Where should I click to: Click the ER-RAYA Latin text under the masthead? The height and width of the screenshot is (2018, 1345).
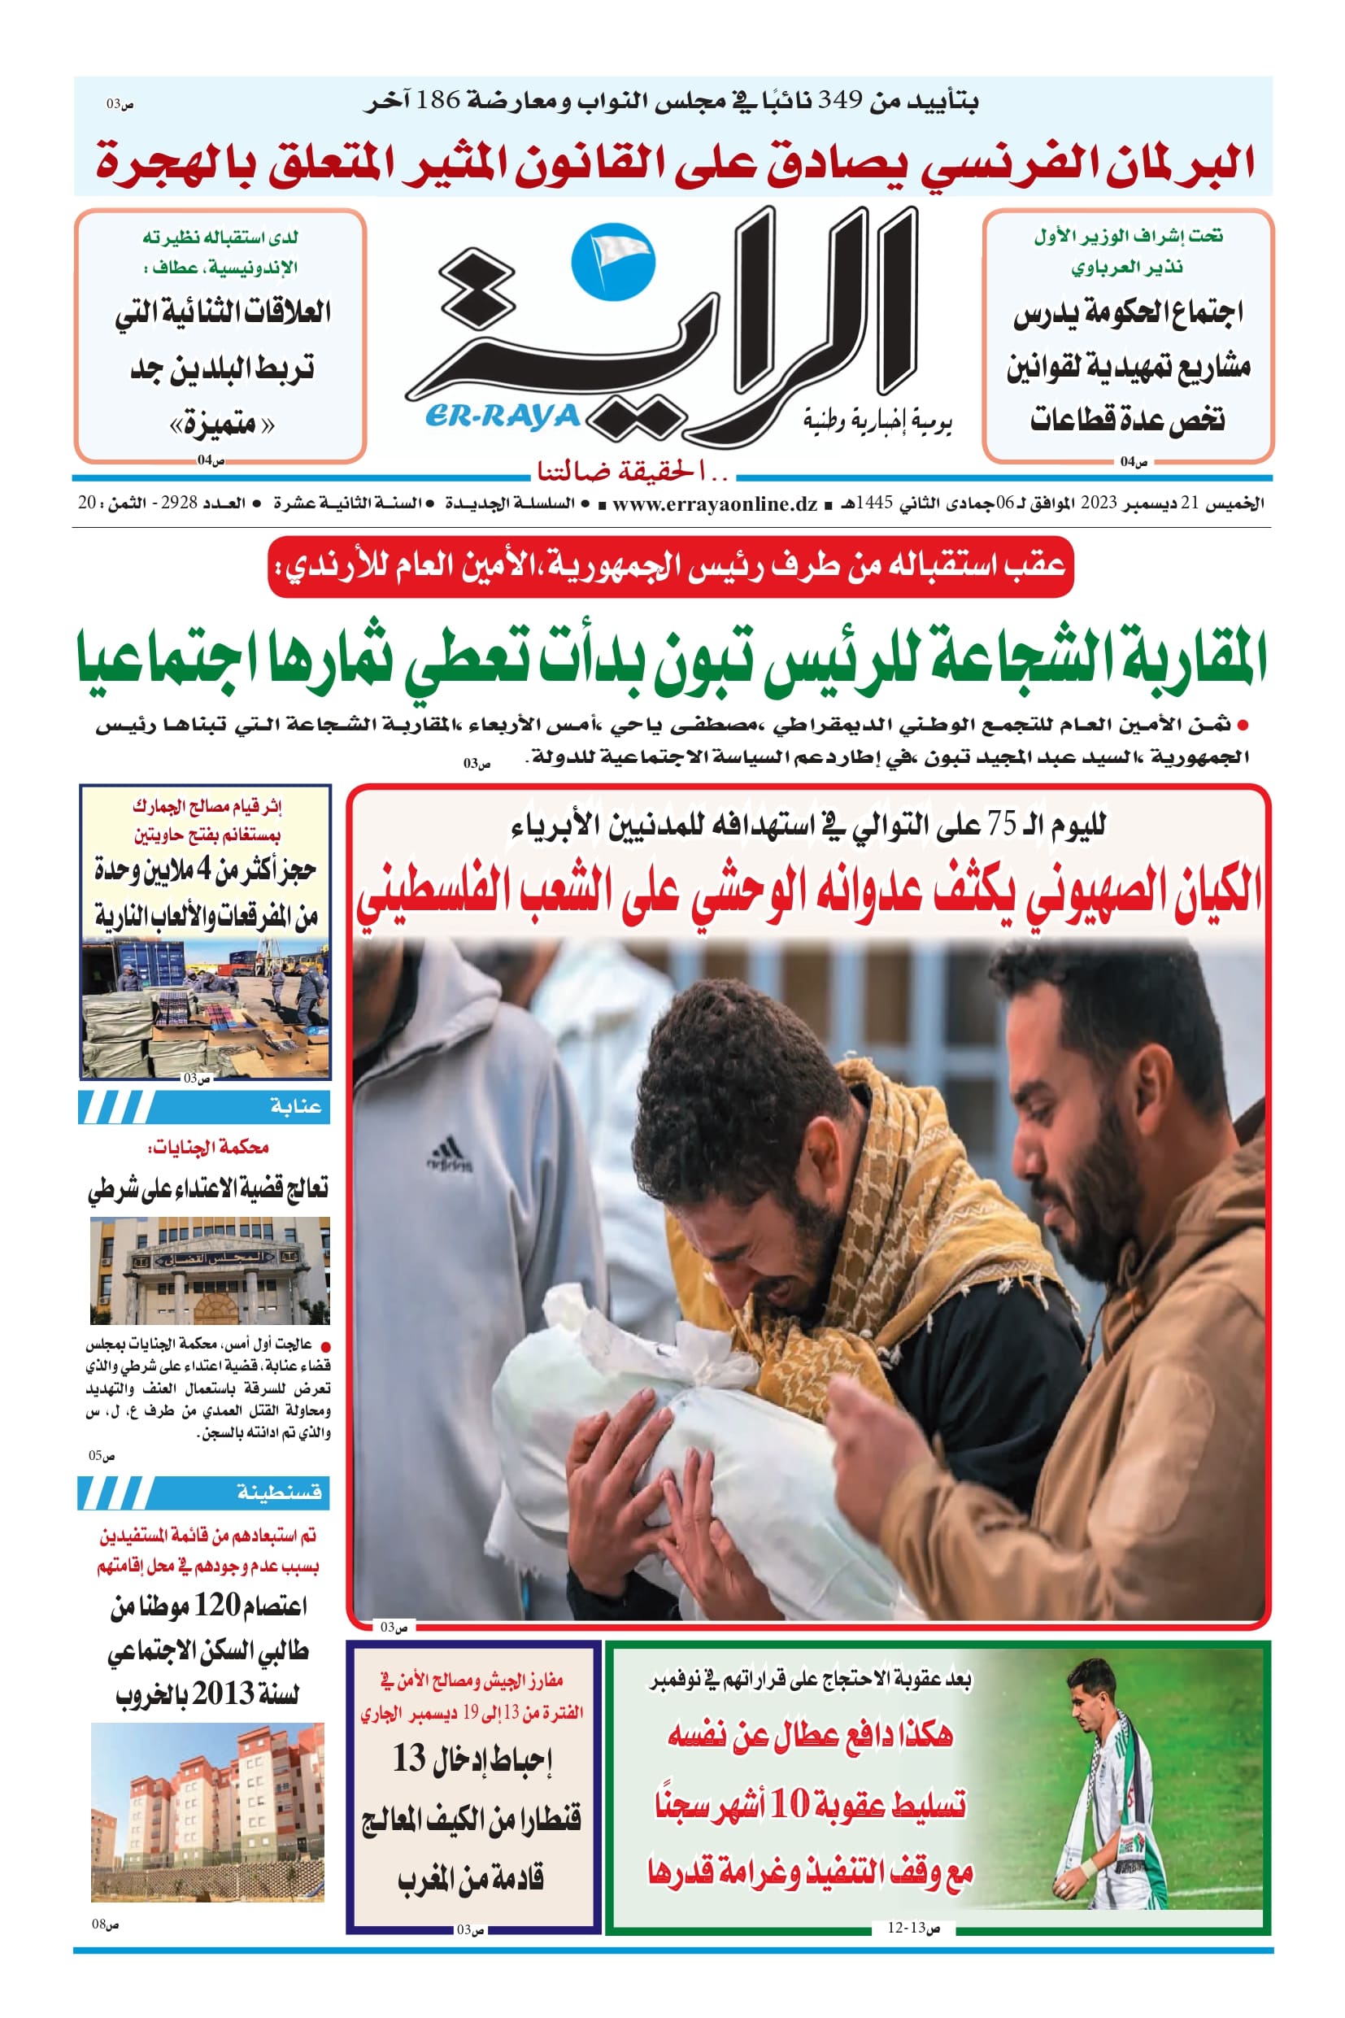click(x=503, y=417)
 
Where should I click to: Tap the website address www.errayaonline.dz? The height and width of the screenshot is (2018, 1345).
click(x=715, y=503)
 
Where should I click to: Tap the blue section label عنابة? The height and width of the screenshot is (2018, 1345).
click(x=296, y=1107)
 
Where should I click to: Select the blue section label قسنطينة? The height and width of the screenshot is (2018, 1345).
click(x=280, y=1493)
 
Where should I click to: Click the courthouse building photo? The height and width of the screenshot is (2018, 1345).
click(x=209, y=1271)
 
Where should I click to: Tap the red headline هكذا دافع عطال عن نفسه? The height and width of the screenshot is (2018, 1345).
click(x=810, y=1735)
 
